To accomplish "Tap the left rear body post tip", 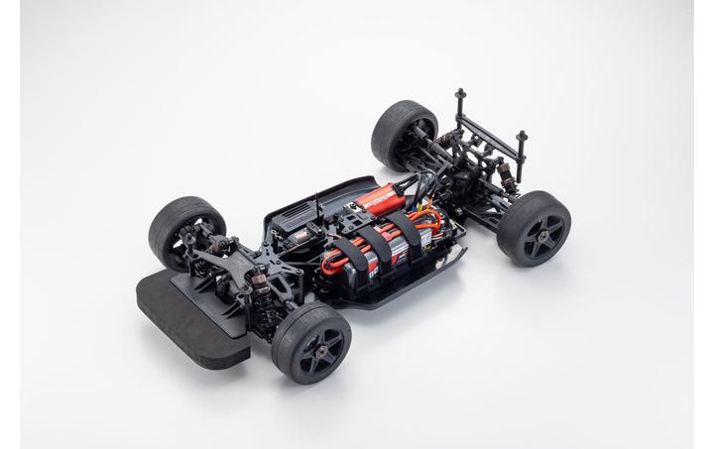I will pyautogui.click(x=460, y=96).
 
